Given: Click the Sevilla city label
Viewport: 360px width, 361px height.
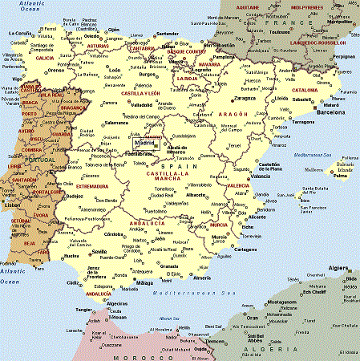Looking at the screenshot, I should [x=99, y=251].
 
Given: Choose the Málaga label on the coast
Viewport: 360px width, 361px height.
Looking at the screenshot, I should [x=144, y=283].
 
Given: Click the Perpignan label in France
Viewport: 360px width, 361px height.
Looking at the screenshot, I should [x=344, y=57].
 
